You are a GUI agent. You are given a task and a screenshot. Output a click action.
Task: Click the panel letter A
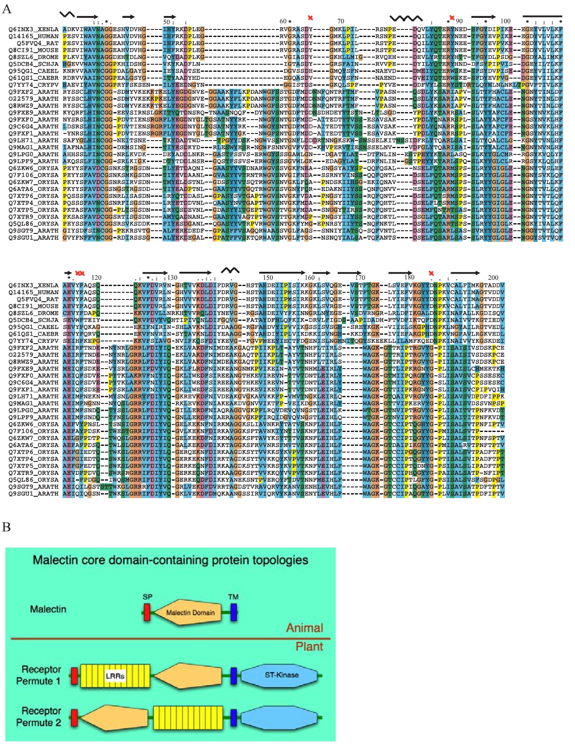click(x=7, y=9)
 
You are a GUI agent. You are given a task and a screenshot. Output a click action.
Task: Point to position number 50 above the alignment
click(x=167, y=21)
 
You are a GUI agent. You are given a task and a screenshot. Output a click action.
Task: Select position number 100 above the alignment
click(x=505, y=21)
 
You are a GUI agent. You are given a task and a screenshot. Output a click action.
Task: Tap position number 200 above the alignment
click(x=493, y=278)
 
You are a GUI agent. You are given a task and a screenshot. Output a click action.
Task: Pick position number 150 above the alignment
click(x=268, y=278)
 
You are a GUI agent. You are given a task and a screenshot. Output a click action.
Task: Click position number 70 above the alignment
click(x=341, y=21)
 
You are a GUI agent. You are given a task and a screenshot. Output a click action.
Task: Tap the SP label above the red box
click(x=147, y=597)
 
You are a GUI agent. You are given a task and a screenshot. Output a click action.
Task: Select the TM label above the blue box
click(x=233, y=597)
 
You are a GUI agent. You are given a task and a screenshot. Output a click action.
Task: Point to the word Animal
click(x=304, y=628)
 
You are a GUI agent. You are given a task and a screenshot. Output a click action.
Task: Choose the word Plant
click(x=309, y=646)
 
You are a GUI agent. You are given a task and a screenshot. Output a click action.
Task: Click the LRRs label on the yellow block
click(x=115, y=676)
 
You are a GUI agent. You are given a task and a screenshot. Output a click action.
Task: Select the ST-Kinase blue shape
click(x=281, y=675)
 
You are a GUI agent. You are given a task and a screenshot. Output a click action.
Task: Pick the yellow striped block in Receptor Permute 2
click(x=188, y=718)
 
